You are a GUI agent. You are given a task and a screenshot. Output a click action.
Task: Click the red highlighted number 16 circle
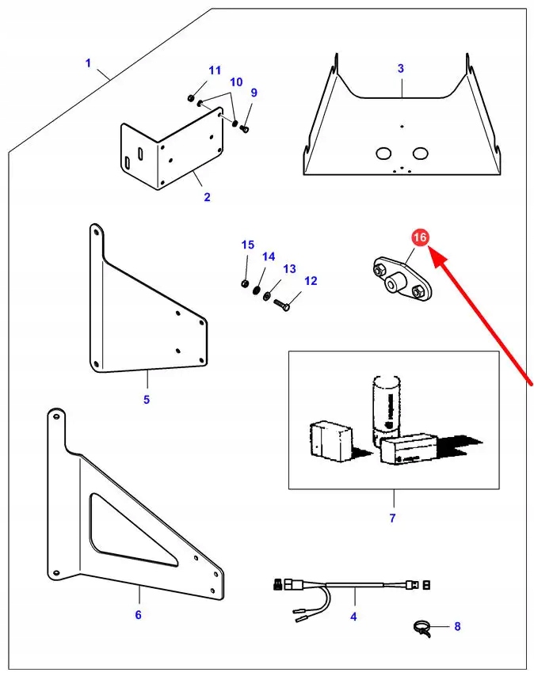[x=420, y=237]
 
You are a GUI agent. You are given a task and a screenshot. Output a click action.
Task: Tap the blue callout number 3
[x=401, y=69]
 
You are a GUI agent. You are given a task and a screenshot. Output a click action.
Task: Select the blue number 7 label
[x=392, y=518]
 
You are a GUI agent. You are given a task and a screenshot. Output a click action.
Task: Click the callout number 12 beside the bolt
[x=310, y=281]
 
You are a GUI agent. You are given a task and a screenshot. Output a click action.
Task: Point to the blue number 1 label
[x=89, y=63]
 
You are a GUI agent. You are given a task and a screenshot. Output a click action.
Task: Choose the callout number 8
[x=456, y=627]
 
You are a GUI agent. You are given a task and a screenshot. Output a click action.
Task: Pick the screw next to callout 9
[x=245, y=128]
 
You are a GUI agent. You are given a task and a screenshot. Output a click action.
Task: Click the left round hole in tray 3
[x=383, y=152]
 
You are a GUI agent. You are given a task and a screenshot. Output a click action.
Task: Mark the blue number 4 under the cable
[x=353, y=617]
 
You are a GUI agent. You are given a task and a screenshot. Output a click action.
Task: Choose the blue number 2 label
[x=207, y=197]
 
